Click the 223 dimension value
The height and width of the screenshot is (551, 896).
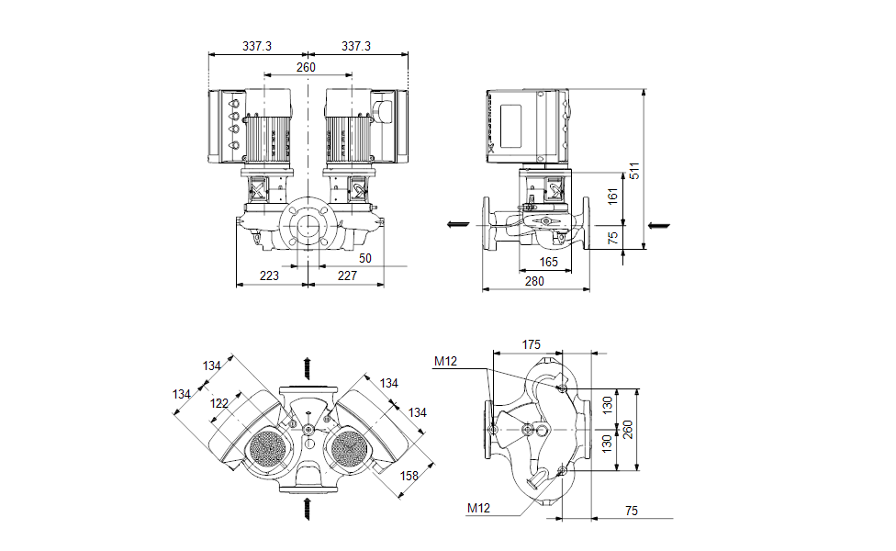click(x=270, y=275)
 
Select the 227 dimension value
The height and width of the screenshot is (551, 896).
click(x=346, y=275)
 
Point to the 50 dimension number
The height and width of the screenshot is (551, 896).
click(x=365, y=259)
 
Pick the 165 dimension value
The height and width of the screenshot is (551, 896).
click(x=548, y=263)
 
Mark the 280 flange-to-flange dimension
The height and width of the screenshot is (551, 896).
click(x=535, y=282)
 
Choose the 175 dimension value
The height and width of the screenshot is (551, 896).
click(x=531, y=344)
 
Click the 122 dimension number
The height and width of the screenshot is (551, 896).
click(x=218, y=403)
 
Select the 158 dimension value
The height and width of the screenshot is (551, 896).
click(x=410, y=476)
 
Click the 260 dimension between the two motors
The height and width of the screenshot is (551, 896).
click(x=306, y=67)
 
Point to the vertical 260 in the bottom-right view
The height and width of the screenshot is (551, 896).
click(x=629, y=429)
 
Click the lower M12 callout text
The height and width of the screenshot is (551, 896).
click(x=478, y=508)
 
